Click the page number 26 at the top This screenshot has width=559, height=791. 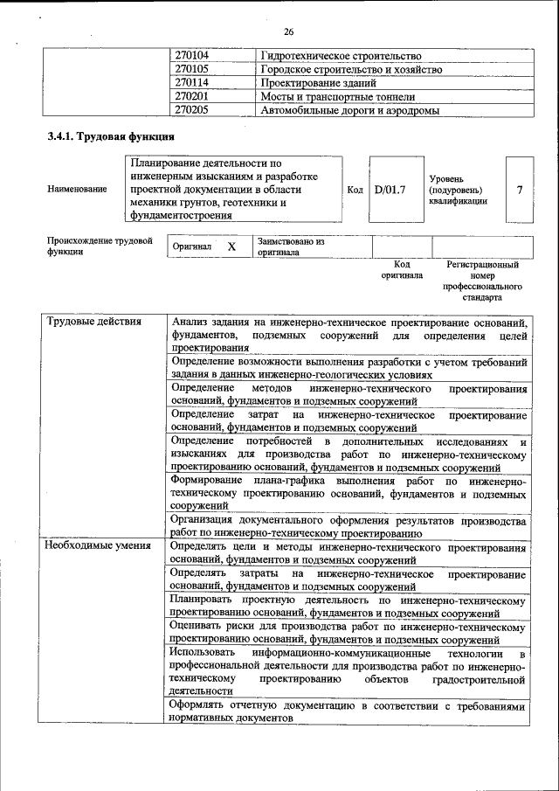tap(288, 32)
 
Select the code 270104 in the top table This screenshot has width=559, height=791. tap(192, 55)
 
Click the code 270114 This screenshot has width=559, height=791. tap(192, 83)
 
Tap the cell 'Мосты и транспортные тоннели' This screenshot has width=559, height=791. tap(337, 97)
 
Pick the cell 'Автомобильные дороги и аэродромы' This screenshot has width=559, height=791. tap(349, 111)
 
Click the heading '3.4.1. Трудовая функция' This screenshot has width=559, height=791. tap(110, 137)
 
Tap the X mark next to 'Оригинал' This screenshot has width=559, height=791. tap(231, 247)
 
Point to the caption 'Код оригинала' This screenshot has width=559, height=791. tap(402, 269)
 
